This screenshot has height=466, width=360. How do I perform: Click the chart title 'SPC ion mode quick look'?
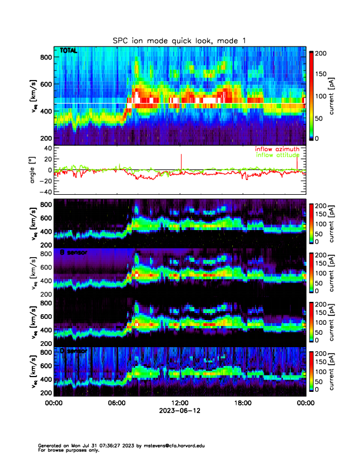click(179, 40)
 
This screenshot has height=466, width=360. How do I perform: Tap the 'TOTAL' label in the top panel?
click(68, 51)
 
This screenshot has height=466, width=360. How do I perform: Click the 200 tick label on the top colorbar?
click(321, 53)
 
